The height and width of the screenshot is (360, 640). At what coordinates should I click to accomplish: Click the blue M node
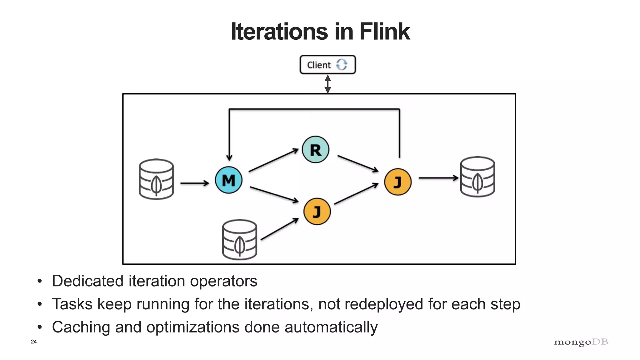coord(228,180)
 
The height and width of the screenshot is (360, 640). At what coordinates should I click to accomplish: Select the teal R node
coord(315,150)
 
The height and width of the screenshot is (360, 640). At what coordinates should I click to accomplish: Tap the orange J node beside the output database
coord(397,182)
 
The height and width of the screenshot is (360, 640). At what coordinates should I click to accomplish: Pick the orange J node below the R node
coord(317,211)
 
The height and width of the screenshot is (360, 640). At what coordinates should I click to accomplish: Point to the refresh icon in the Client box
coord(342,65)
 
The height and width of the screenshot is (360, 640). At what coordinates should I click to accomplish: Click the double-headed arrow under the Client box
coord(327,84)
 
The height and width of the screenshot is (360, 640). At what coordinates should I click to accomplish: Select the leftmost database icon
coord(156,179)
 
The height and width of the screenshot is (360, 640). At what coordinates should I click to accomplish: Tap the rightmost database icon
coord(477,177)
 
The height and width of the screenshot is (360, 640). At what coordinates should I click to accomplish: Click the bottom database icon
coord(239,239)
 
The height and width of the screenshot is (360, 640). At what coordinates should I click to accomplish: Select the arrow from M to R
coord(273,160)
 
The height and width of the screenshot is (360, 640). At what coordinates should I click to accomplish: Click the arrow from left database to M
coord(194,183)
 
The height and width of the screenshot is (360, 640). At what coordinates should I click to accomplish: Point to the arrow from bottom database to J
coord(279,229)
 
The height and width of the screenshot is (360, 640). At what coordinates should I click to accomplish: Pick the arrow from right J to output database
coord(438,178)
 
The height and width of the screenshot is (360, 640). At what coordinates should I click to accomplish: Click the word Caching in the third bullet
coord(81,327)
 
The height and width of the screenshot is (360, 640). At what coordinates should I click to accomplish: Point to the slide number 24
coord(34,342)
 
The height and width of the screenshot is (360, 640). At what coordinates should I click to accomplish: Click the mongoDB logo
coord(581,342)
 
